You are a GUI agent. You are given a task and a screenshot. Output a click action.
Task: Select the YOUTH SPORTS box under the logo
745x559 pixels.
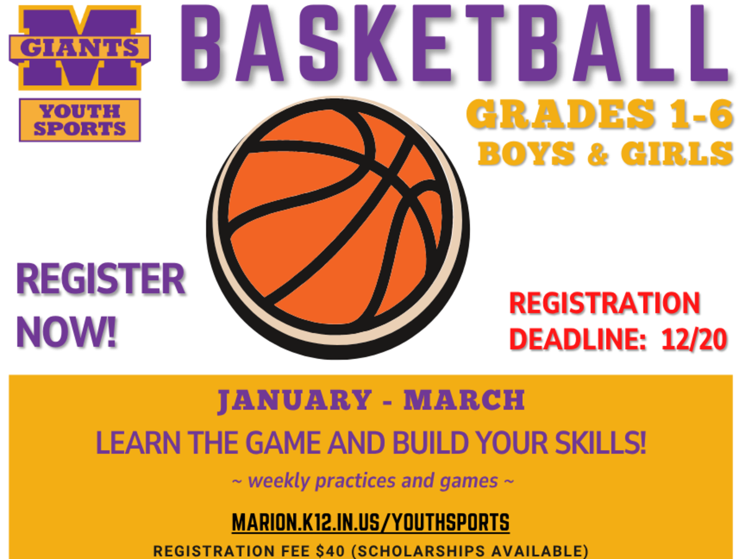[x=79, y=120]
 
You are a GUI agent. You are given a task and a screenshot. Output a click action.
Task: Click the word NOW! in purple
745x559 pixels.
[x=66, y=333]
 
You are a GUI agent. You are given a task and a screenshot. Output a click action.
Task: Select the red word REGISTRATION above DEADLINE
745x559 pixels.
[x=604, y=304]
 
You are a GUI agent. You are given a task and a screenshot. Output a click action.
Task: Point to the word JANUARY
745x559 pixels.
[x=292, y=401]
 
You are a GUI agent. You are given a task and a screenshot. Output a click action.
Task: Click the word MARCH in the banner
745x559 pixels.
[x=464, y=401]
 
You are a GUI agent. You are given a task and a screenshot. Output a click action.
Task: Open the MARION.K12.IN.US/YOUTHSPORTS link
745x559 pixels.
[x=371, y=522]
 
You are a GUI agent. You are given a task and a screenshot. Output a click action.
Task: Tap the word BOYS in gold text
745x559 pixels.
[x=527, y=153]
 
